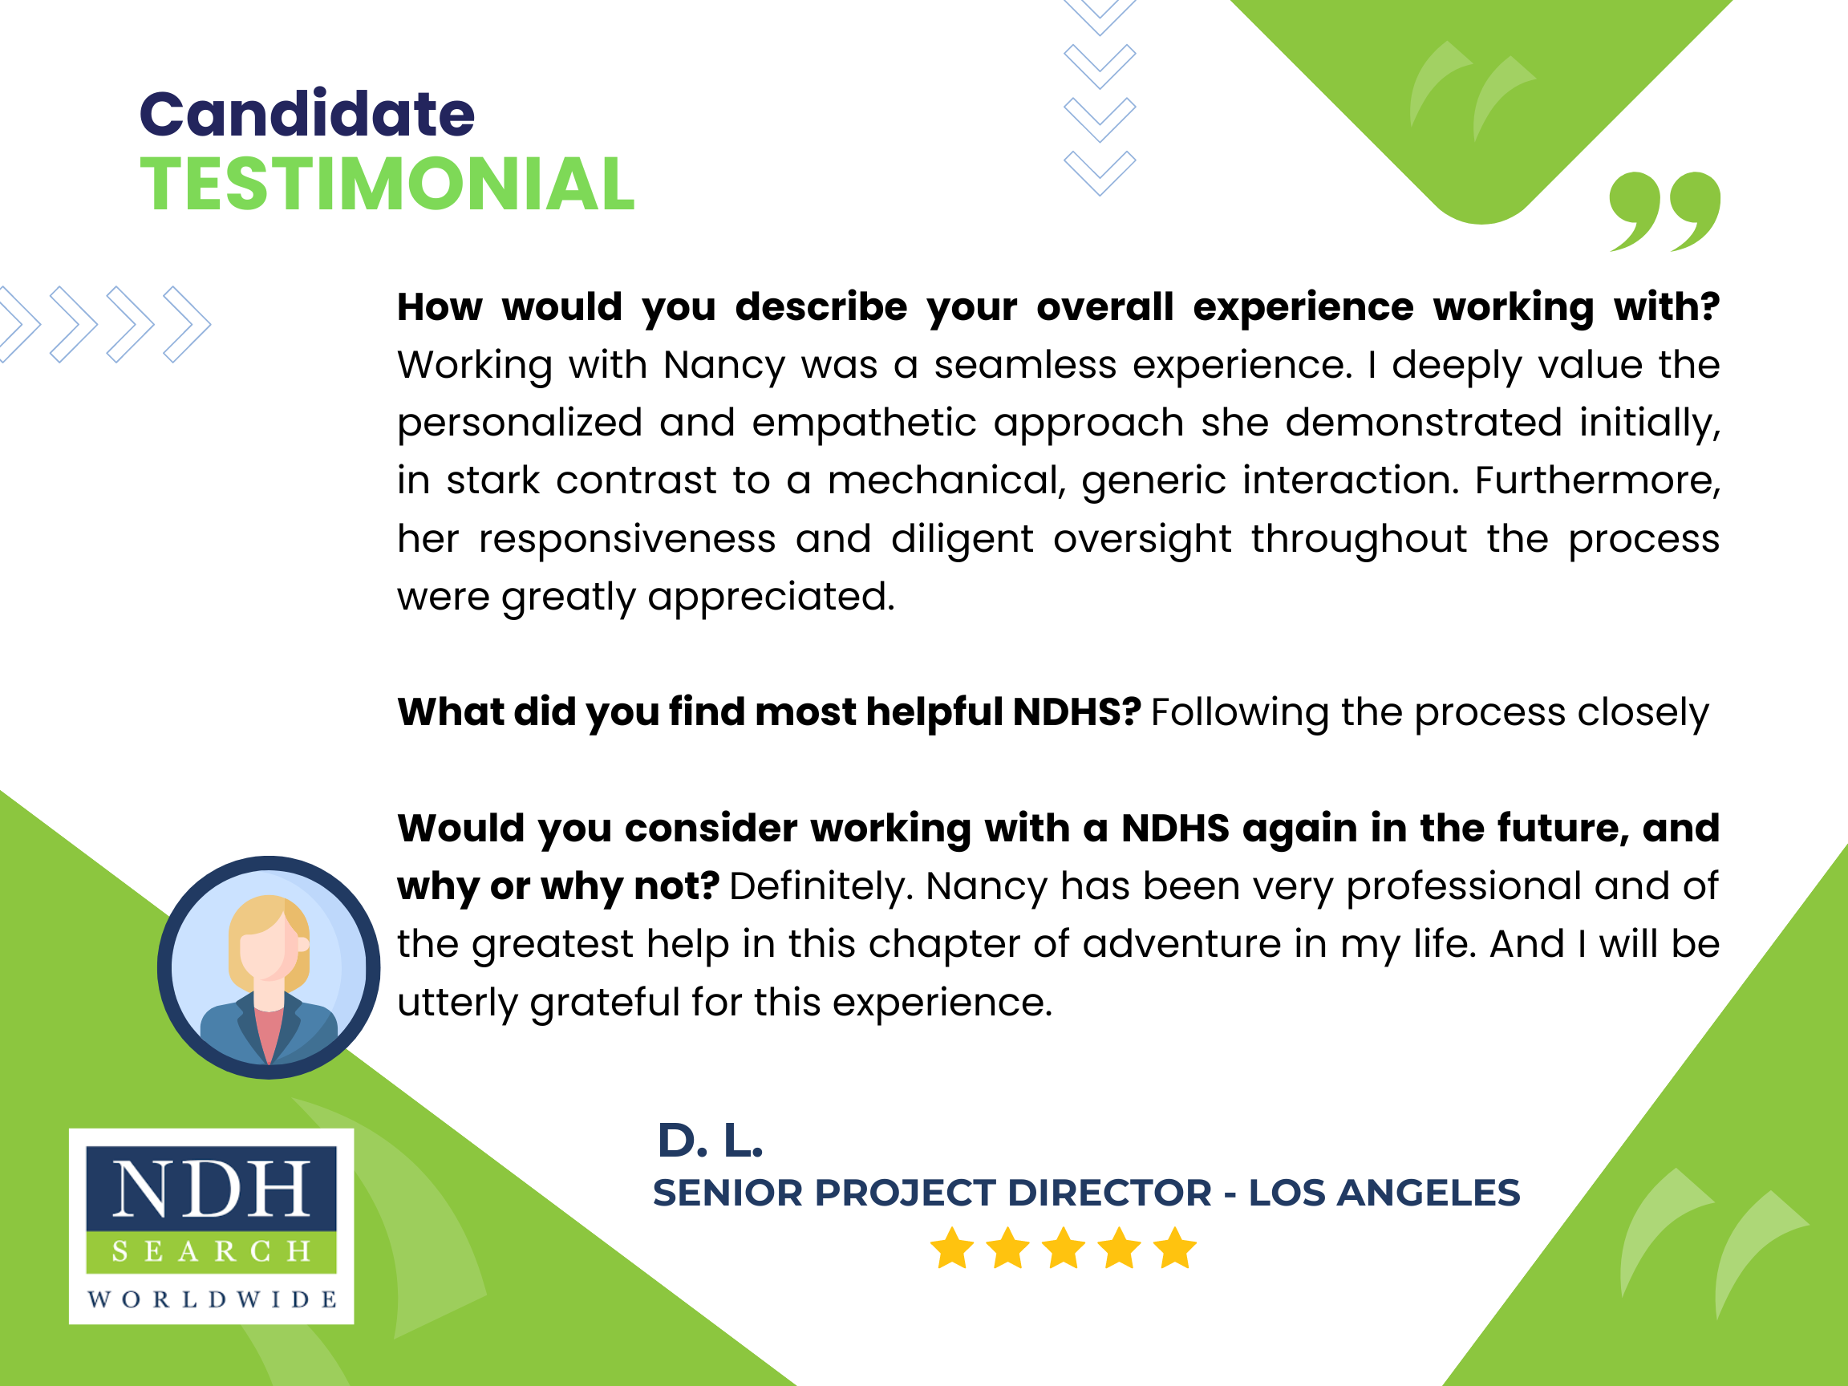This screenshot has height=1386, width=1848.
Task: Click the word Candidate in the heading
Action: [306, 114]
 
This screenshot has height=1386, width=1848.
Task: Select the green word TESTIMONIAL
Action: [387, 184]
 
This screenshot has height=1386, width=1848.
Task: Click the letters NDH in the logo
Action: [212, 1189]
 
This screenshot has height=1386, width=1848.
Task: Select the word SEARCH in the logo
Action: [212, 1250]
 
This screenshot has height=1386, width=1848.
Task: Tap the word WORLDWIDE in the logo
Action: [212, 1299]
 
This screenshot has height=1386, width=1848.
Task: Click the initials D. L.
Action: [710, 1141]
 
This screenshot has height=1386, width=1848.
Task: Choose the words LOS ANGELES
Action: [1384, 1193]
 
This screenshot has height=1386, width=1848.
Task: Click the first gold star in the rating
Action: [951, 1249]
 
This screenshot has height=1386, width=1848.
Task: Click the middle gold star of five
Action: [1064, 1249]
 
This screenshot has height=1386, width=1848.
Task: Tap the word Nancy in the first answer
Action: [723, 365]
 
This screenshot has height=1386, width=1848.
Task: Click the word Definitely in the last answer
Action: [822, 886]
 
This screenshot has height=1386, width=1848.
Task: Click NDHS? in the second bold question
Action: [1076, 711]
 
